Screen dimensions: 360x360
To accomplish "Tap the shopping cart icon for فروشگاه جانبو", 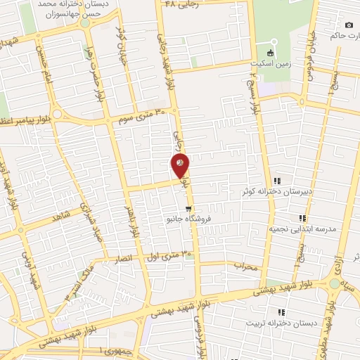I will pos(188,208).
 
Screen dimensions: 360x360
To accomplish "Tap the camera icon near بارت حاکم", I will pos(349,25).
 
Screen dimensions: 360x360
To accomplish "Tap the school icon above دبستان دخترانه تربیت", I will pos(281,312).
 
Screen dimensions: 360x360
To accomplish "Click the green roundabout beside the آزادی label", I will pos(333,283).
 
